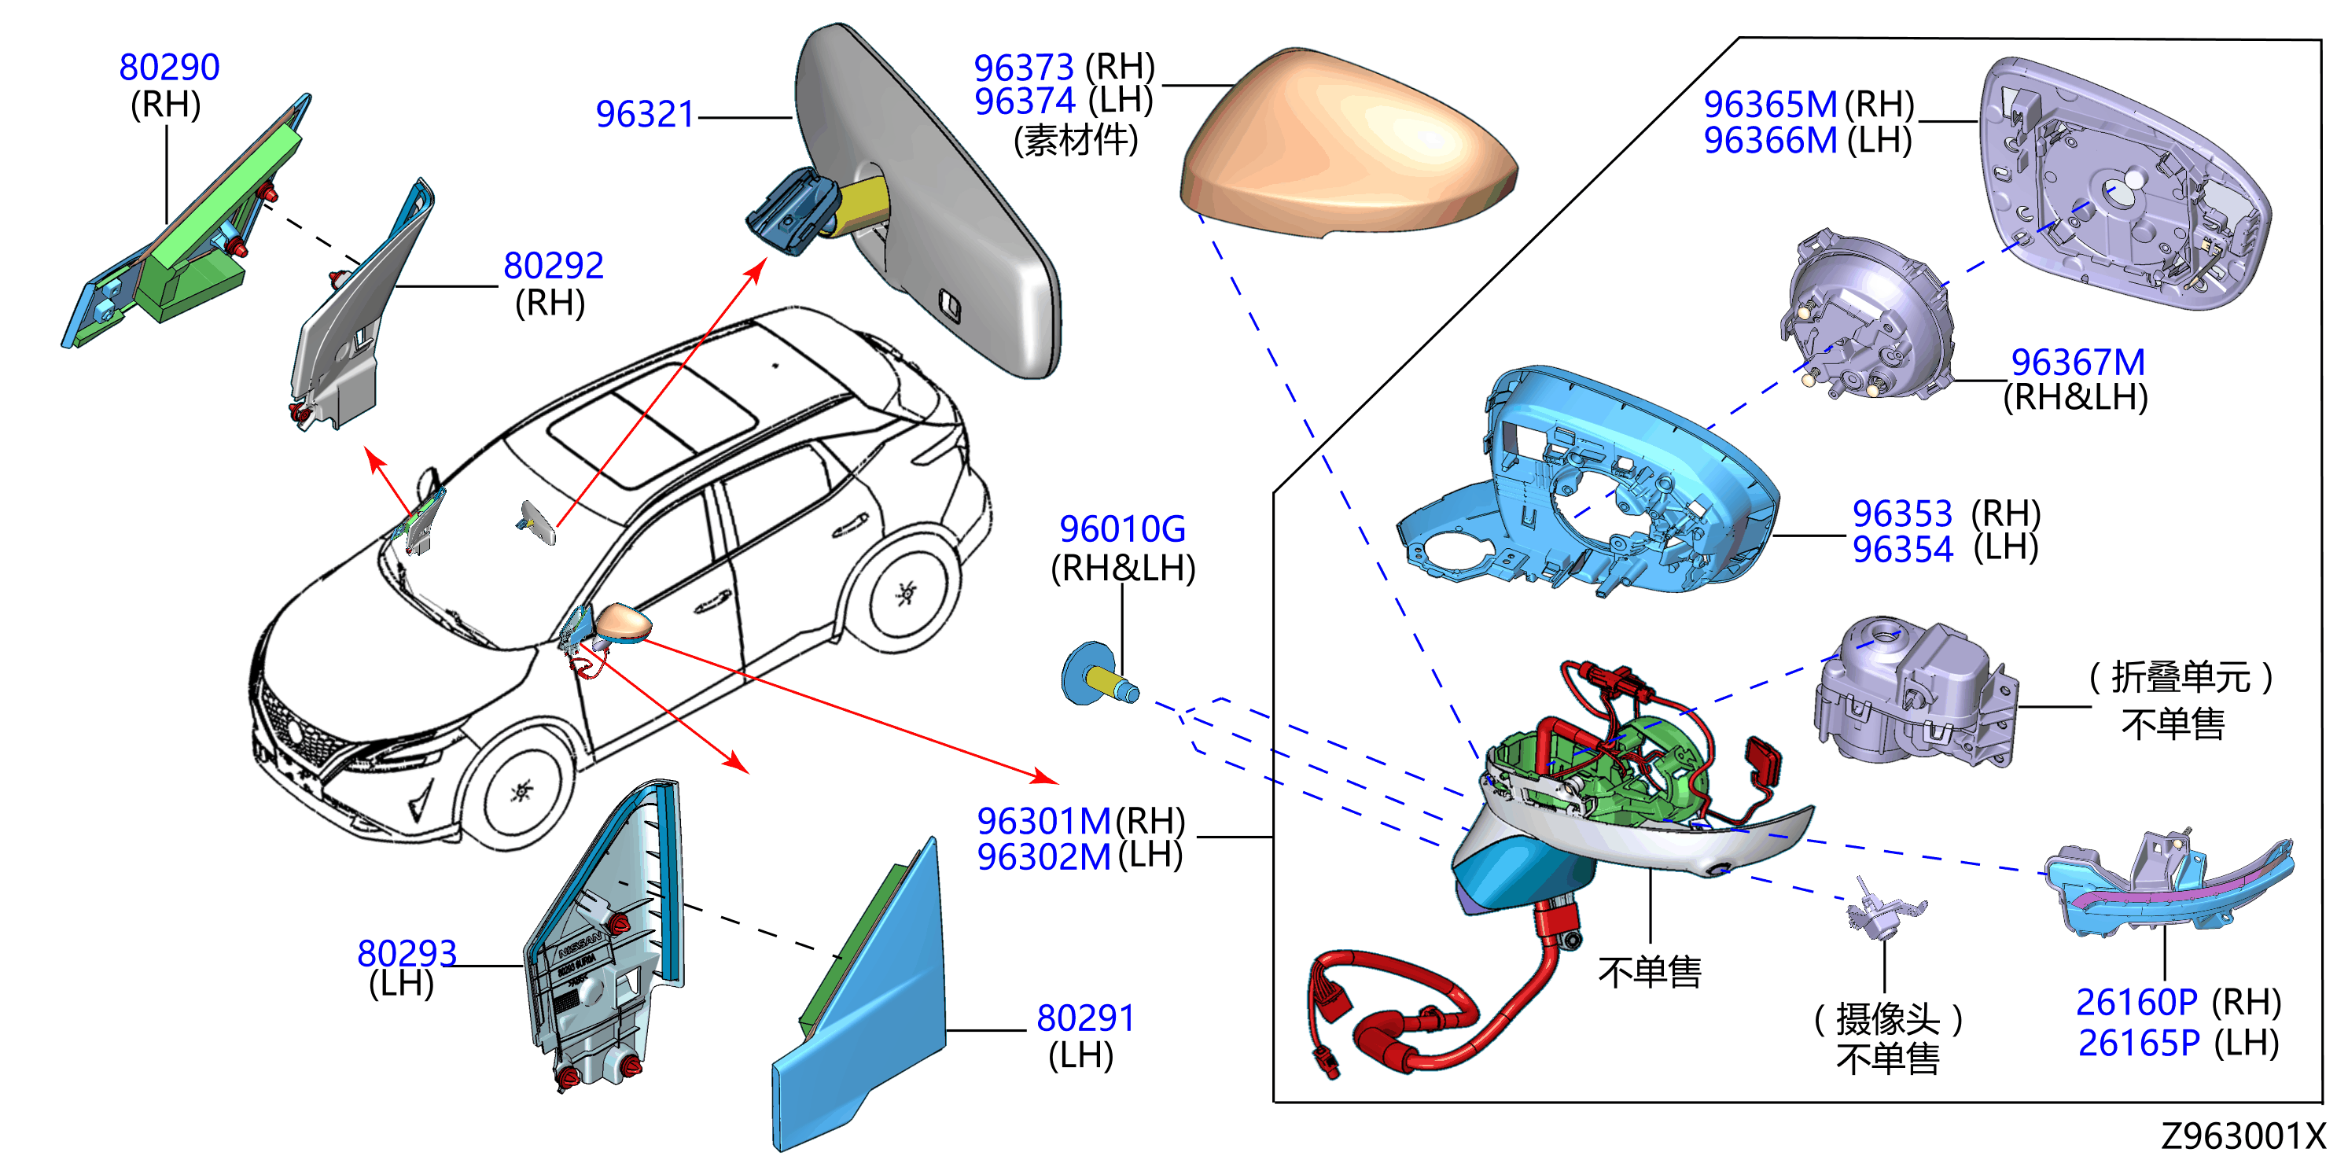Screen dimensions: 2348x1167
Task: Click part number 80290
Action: pos(170,67)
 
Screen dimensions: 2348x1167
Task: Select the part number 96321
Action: pos(646,114)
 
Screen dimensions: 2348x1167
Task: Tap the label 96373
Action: pos(1024,68)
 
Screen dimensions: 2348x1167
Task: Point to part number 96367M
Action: pos(2078,362)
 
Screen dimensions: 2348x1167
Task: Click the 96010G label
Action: pos(1122,528)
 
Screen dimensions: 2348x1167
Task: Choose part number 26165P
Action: pos(2138,1043)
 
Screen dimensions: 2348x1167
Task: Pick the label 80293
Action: pos(407,953)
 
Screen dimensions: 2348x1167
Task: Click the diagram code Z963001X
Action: pos(2243,1136)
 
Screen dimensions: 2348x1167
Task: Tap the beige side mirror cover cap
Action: pos(1347,146)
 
